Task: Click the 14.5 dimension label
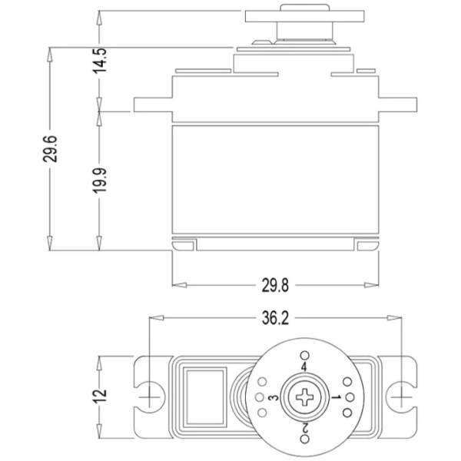[x=99, y=60]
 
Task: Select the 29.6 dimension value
[x=50, y=149]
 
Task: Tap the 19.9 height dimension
[x=99, y=181]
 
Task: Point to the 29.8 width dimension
[x=275, y=285]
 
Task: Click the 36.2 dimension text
[x=275, y=318]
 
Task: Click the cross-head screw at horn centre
[x=304, y=397]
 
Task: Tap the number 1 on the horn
[x=336, y=397]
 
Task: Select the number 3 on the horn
[x=274, y=398]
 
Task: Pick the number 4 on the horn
[x=304, y=367]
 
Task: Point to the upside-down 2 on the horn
[x=304, y=428]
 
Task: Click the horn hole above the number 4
[x=304, y=356]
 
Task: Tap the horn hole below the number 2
[x=305, y=439]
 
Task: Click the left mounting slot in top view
[x=149, y=397]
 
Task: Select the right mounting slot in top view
[x=402, y=397]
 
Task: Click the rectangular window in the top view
[x=205, y=397]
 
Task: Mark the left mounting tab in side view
[x=153, y=104]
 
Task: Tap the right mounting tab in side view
[x=398, y=104]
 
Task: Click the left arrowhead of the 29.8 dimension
[x=179, y=285]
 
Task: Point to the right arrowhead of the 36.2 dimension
[x=394, y=318]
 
